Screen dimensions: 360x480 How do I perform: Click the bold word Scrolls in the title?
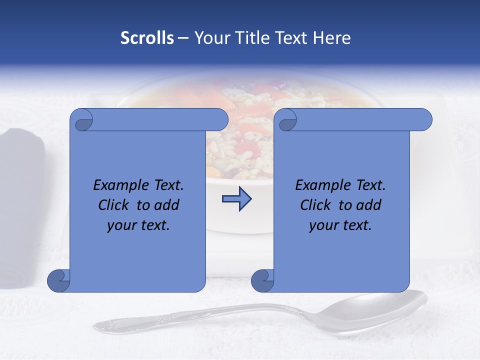coord(147,38)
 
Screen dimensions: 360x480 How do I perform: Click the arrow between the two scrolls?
coord(236,199)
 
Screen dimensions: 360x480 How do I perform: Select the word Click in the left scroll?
coord(115,205)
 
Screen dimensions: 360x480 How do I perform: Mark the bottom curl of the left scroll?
coord(59,281)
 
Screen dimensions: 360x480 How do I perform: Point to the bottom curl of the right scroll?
coord(262,281)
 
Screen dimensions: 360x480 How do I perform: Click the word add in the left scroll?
coord(166,205)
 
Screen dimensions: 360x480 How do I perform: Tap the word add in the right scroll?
coord(368,205)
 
